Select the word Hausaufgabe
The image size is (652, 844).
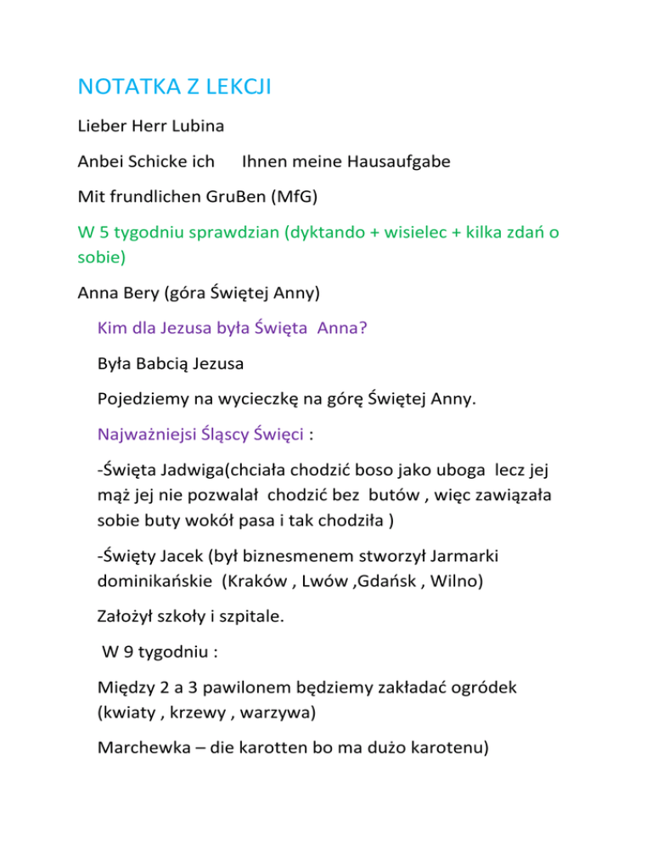pos(396,160)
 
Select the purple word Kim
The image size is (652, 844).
pos(114,328)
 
